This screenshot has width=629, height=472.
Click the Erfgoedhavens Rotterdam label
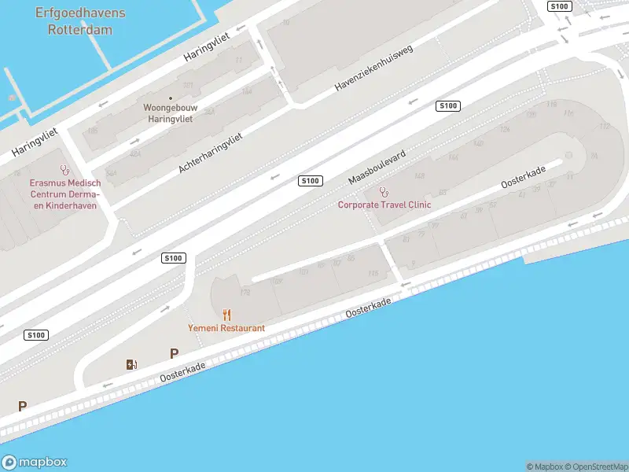[x=80, y=22]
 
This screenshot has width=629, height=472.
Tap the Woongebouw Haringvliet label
[x=170, y=112]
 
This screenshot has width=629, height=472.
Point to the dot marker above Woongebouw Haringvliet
[x=171, y=98]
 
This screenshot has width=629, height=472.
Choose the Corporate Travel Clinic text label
[x=384, y=205]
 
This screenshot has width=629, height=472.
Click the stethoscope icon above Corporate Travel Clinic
[x=384, y=191]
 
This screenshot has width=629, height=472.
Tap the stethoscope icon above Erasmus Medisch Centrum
[x=64, y=169]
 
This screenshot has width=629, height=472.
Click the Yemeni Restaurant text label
[x=226, y=327]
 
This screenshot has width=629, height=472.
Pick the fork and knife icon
[x=226, y=315]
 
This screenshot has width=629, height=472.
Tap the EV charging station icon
[x=131, y=364]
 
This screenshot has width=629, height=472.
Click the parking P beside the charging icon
[x=174, y=354]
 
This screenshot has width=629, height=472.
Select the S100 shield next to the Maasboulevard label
[x=311, y=181]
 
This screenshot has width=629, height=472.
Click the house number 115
[x=373, y=274]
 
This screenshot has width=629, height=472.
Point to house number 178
[x=245, y=292]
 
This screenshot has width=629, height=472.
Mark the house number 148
[x=419, y=176]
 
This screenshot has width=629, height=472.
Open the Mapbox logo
[x=35, y=463]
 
